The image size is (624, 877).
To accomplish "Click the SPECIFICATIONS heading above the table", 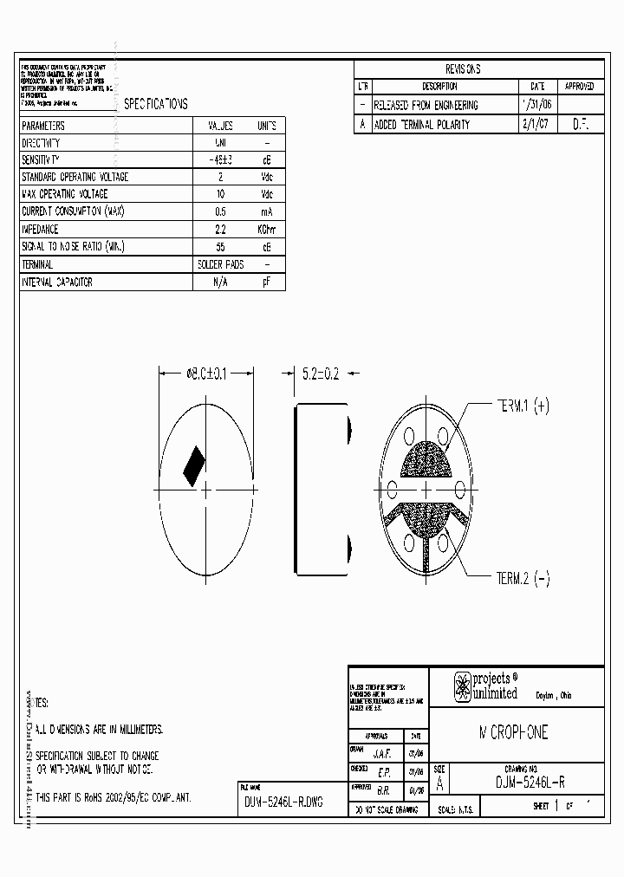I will pyautogui.click(x=156, y=104).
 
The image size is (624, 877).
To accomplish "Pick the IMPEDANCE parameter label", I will pyautogui.click(x=40, y=230).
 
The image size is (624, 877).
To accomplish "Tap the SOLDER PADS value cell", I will pyautogui.click(x=220, y=264).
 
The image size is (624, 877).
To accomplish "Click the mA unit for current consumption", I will pyautogui.click(x=266, y=212).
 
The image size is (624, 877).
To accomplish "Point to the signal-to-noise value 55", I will pyautogui.click(x=219, y=247).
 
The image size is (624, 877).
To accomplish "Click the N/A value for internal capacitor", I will pyautogui.click(x=219, y=283).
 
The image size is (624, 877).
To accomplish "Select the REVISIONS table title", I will pyautogui.click(x=463, y=69).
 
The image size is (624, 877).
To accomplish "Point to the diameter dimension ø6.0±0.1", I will pyautogui.click(x=206, y=374).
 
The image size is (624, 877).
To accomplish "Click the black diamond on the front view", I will pyautogui.click(x=194, y=466).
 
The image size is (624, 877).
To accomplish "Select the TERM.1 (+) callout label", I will pyautogui.click(x=523, y=405).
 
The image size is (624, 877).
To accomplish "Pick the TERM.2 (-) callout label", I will pyautogui.click(x=523, y=579).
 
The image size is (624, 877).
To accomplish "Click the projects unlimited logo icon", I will pyautogui.click(x=463, y=686).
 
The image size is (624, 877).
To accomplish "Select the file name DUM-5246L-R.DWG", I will pyautogui.click(x=283, y=802).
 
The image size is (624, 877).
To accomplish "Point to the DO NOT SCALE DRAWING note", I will pyautogui.click(x=385, y=810).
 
